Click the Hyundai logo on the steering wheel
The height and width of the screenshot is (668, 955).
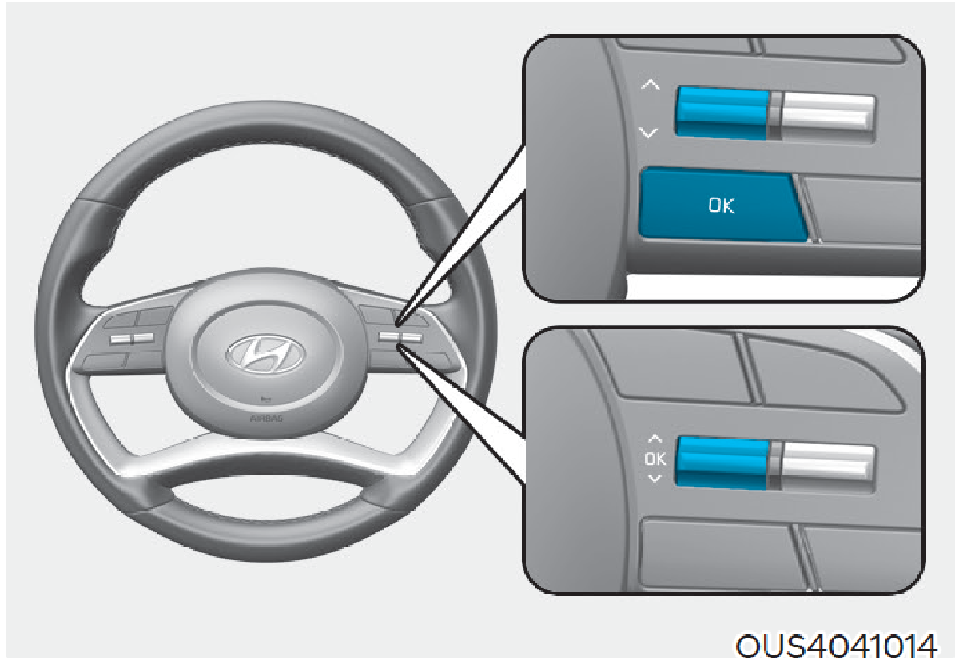point(265,354)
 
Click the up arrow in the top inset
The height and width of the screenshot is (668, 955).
point(650,85)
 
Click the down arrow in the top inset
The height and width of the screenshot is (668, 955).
point(649,132)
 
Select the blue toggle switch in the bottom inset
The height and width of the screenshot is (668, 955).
point(724,463)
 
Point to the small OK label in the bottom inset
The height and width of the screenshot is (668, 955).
point(655,459)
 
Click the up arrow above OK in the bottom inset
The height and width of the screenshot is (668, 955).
point(655,438)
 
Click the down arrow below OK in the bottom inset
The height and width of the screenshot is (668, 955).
point(655,479)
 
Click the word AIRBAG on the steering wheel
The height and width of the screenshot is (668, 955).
point(266,419)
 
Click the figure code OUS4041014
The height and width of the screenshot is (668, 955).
point(836,646)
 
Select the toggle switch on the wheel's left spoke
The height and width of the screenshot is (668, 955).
point(132,339)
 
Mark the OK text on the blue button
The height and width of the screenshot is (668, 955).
point(722,205)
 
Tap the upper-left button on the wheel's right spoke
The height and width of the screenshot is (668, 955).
point(376,313)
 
